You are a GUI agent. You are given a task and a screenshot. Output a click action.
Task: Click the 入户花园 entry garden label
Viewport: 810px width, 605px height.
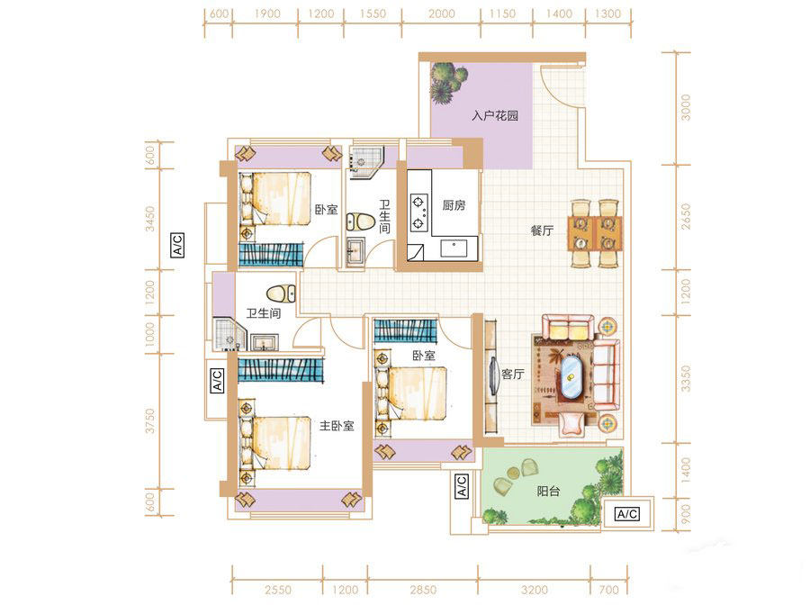pos(495,116)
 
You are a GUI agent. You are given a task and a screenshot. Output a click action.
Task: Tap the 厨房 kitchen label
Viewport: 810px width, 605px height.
pos(454,205)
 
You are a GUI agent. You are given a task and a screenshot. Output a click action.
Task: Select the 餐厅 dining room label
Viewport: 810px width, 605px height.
pos(542,230)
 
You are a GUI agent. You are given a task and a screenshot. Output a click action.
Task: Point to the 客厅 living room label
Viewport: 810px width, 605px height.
pos(512,374)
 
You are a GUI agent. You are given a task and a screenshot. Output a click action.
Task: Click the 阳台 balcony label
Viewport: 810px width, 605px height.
pos(548,491)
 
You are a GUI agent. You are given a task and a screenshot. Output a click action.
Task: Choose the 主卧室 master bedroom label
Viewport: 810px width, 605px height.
pos(337,426)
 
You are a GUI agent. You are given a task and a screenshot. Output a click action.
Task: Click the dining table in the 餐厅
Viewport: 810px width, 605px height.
pos(595,233)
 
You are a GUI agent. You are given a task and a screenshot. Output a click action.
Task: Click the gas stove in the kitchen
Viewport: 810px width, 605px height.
pos(418,212)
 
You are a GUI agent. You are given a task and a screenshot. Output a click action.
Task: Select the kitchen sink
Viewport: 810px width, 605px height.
pos(453,248)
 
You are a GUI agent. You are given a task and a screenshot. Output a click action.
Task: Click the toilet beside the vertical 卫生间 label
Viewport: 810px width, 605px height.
pos(361,221)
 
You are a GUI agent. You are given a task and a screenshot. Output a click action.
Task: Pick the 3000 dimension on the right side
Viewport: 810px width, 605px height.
pos(685,107)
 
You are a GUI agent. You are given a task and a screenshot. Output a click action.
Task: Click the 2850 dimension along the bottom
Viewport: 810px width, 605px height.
pos(423,590)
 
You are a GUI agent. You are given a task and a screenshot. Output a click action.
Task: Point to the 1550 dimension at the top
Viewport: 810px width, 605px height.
pos(373,14)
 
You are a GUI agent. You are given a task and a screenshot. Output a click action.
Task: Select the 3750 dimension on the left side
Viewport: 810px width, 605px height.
pos(149,421)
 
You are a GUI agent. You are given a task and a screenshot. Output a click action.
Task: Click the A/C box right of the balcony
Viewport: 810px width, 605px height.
pos(627,513)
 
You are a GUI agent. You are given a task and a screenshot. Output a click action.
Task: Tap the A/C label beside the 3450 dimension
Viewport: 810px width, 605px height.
pos(177,245)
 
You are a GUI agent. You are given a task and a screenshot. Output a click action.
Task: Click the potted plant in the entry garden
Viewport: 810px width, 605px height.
pos(447,83)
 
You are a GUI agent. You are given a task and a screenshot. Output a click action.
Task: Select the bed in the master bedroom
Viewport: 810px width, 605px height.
pos(274,443)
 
